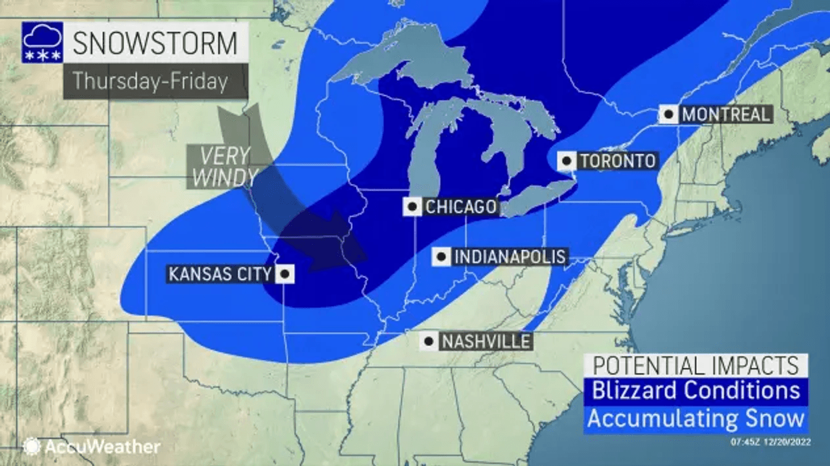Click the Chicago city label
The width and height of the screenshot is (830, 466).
tap(461, 207)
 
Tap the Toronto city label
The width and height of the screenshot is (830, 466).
tap(617, 161)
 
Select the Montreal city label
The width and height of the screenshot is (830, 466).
tap(725, 114)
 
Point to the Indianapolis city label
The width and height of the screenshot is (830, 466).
tap(510, 257)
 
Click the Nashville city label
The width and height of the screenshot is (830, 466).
tap(485, 341)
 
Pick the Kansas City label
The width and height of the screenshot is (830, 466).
tap(220, 274)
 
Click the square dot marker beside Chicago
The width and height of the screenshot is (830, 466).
tap(413, 207)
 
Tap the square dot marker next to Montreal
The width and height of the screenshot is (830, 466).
tap(669, 114)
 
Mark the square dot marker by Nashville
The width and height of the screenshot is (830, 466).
tap(429, 341)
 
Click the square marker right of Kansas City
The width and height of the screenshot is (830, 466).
tap(285, 274)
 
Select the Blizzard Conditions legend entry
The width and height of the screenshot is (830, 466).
tap(696, 391)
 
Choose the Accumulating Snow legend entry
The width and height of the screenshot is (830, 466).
tap(696, 419)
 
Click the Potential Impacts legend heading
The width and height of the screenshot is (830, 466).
tap(696, 365)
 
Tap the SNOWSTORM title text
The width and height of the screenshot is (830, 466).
tap(155, 43)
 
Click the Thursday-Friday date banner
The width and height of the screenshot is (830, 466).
tap(151, 81)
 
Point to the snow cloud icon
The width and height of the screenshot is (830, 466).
tap(43, 43)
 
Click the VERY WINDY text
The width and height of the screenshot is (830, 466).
tap(223, 167)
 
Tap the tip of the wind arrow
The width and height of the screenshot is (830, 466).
tap(366, 255)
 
